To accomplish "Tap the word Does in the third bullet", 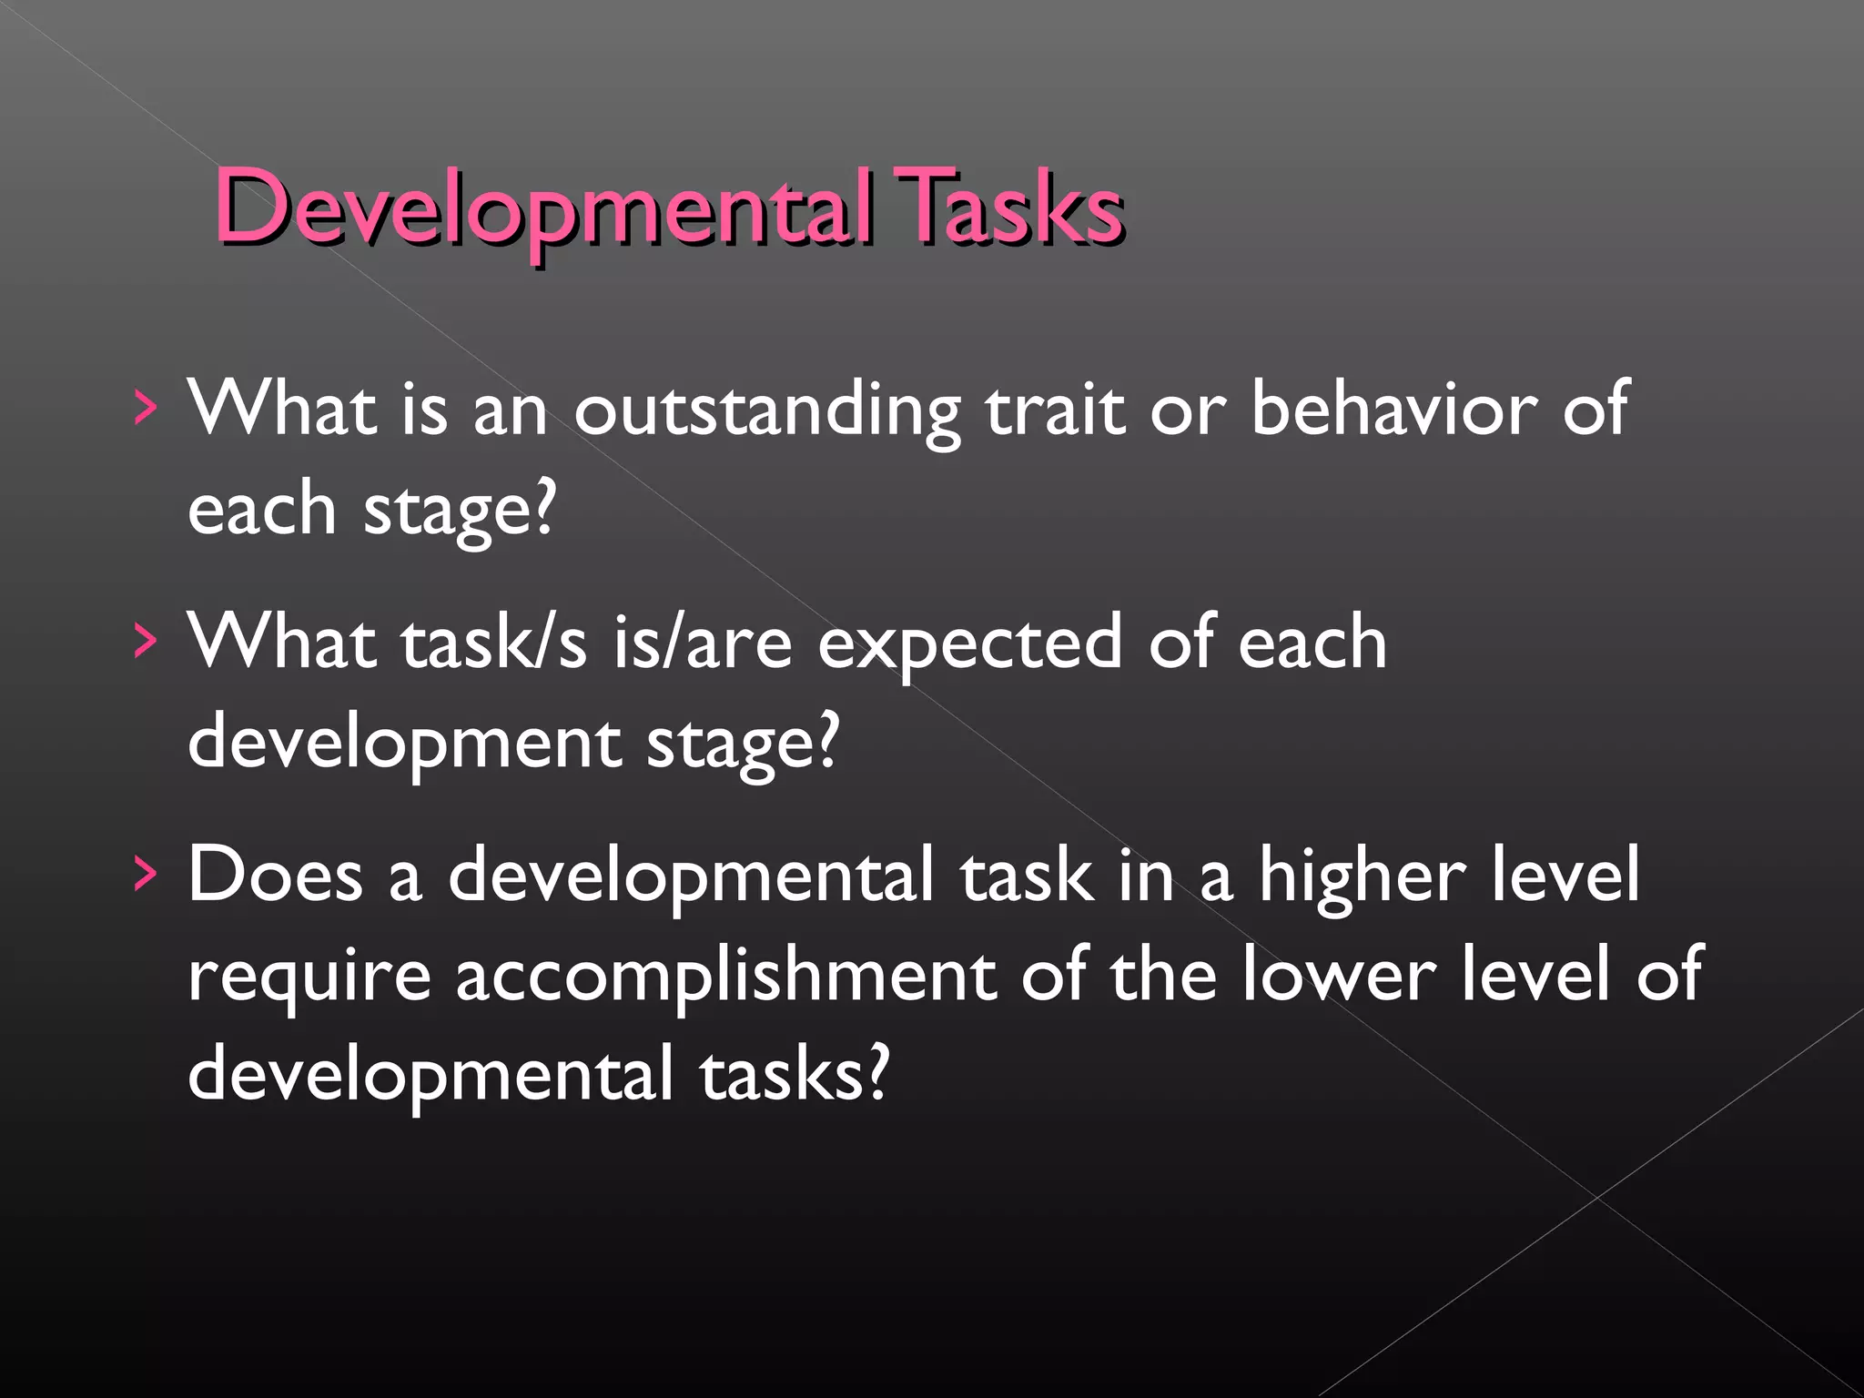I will tap(275, 875).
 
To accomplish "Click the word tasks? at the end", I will tap(793, 1074).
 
